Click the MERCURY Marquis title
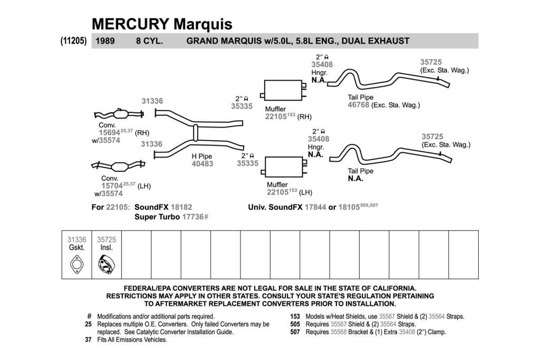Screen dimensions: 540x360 pyautogui.click(x=162, y=24)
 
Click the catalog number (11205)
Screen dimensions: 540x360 pyautogui.click(x=74, y=41)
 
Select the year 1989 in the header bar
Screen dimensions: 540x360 pyautogui.click(x=105, y=41)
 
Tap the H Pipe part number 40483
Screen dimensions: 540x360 pyautogui.click(x=202, y=164)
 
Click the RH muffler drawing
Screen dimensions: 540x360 pyautogui.click(x=283, y=91)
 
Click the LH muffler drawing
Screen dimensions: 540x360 pyautogui.click(x=284, y=167)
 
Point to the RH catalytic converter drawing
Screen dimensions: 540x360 pyautogui.click(x=119, y=114)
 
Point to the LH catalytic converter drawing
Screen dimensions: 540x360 pyautogui.click(x=118, y=166)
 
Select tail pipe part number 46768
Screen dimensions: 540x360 pyautogui.click(x=358, y=105)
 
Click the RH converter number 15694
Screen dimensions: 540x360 pyautogui.click(x=110, y=133)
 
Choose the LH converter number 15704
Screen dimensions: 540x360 pyautogui.click(x=112, y=186)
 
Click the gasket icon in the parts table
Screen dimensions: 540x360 pyautogui.click(x=76, y=264)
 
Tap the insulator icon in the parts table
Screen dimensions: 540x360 pyautogui.click(x=107, y=264)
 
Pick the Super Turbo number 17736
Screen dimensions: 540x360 pyautogui.click(x=193, y=217)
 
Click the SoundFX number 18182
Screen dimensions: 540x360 pyautogui.click(x=181, y=207)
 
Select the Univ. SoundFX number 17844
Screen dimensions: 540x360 pyautogui.click(x=315, y=207)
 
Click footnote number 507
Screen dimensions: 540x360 pyautogui.click(x=295, y=332)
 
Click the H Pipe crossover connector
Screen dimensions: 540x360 pyautogui.click(x=196, y=133)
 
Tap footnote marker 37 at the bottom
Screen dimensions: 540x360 pyautogui.click(x=88, y=339)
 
